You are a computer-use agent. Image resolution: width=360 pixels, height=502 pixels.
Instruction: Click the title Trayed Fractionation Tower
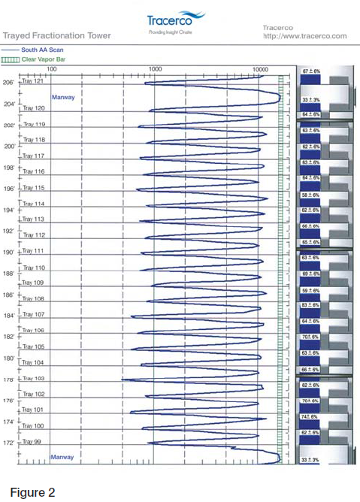(56, 35)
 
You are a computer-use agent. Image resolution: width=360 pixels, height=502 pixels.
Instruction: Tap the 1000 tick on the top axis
(155, 68)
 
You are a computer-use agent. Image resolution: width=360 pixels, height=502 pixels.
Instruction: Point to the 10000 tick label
(260, 68)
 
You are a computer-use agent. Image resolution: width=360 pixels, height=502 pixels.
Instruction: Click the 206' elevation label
(9, 83)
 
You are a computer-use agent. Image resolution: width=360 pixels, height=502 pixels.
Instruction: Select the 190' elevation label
(9, 253)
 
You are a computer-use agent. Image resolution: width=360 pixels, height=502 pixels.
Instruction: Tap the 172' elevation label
(9, 443)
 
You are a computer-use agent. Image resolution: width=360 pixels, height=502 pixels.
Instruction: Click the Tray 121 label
(34, 80)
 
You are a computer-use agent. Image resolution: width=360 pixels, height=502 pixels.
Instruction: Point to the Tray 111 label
(34, 250)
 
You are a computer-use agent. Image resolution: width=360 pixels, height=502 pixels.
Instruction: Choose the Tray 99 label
(32, 442)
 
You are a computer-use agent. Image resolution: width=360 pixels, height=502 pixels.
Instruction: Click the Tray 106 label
(34, 330)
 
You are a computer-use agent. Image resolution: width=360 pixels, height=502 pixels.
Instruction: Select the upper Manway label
(62, 98)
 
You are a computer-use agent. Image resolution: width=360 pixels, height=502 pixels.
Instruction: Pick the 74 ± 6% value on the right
(311, 416)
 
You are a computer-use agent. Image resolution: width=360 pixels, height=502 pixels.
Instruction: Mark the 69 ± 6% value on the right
(311, 274)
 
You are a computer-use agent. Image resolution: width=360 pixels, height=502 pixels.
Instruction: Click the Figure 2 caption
(32, 492)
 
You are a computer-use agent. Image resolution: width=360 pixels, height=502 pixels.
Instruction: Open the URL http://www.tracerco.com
(304, 36)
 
